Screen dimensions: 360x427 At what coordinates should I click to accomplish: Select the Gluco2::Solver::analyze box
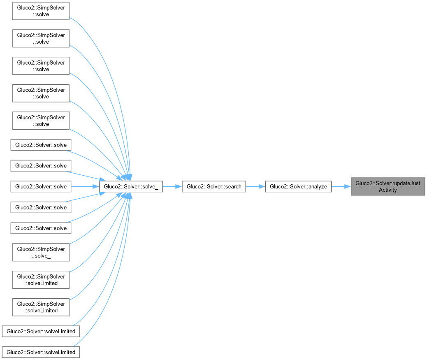298,186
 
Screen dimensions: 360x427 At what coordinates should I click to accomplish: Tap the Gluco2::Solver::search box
214,186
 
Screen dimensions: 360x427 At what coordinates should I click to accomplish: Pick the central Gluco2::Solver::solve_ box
131,186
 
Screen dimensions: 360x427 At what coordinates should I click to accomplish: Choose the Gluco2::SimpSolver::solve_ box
41,252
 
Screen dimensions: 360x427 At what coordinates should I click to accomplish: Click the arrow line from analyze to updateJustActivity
341,186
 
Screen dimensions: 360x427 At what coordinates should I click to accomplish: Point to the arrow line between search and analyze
255,186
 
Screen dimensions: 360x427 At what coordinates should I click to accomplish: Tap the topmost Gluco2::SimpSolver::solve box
41,11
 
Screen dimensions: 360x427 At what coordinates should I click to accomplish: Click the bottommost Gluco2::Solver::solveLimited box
41,352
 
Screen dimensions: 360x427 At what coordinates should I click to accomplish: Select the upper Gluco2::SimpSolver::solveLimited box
41,280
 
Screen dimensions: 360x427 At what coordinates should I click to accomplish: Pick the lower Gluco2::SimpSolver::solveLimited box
41,307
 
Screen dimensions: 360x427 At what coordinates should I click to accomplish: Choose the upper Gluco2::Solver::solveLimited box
41,331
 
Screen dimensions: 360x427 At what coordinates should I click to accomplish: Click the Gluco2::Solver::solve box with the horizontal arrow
41,186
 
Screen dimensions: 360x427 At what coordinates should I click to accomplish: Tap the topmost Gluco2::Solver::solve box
41,145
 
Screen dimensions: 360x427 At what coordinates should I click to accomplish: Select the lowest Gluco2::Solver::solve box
41,228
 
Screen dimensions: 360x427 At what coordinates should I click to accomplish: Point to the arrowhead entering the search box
179,186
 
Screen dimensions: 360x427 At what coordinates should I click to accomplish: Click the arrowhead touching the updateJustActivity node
348,186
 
